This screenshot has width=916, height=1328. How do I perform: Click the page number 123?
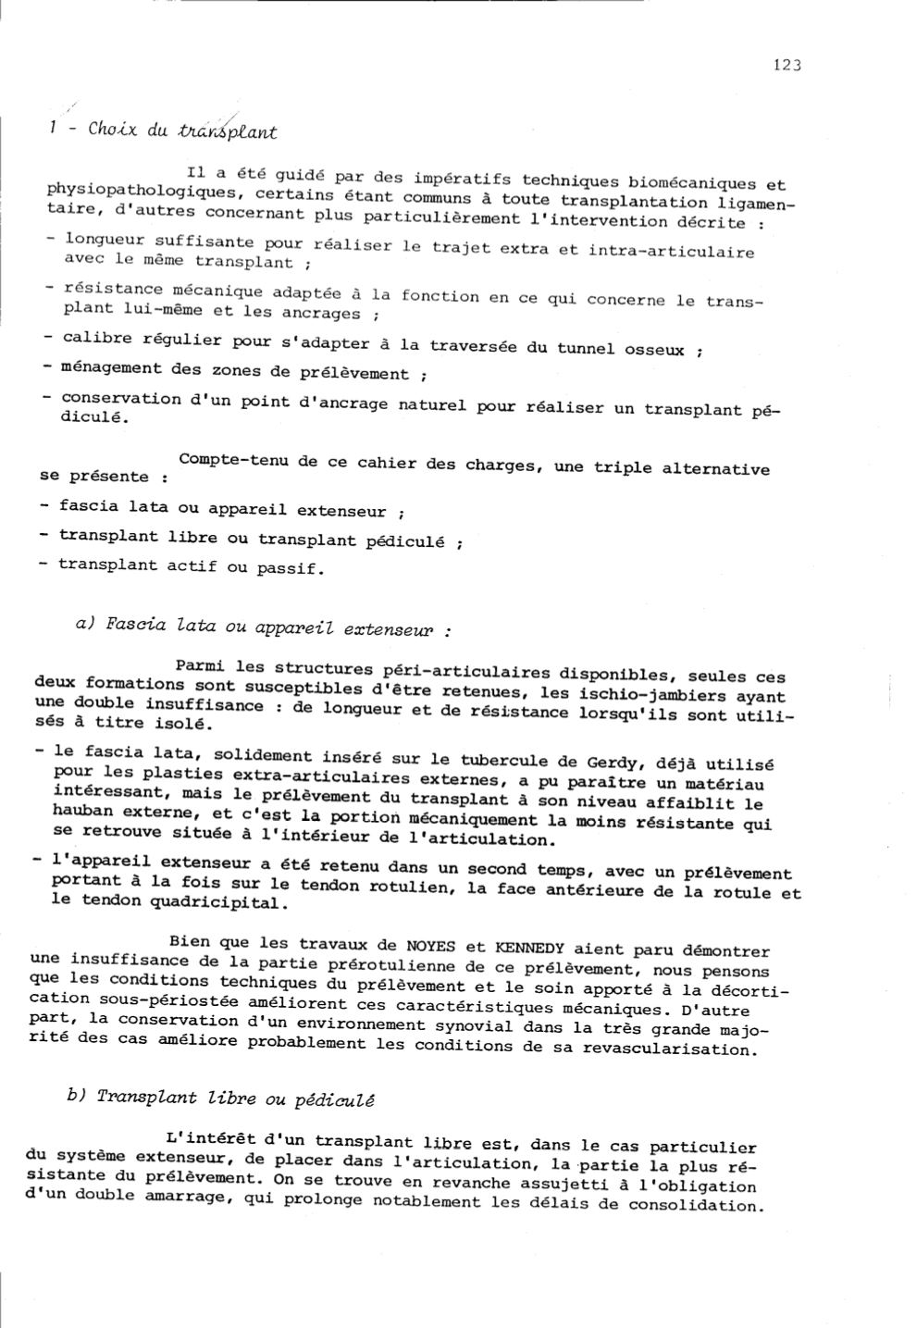coord(786,65)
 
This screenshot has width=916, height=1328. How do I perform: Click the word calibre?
coord(96,338)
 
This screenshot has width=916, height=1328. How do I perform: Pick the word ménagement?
coord(111,367)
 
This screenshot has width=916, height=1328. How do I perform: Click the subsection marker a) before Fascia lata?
coord(86,623)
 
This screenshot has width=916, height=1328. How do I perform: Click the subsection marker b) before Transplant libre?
coord(76,1095)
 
